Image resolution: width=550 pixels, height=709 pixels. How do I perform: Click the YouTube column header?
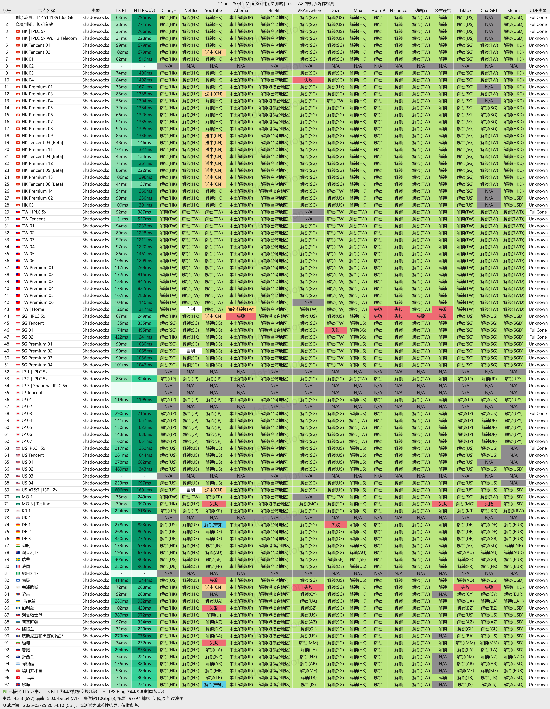(x=213, y=10)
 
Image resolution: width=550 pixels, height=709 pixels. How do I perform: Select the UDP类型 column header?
(x=538, y=10)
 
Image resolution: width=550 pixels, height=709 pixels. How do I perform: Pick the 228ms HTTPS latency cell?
(x=144, y=38)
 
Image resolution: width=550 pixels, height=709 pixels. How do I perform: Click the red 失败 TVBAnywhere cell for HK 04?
(x=308, y=80)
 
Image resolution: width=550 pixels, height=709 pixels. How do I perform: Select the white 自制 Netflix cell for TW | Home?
(x=191, y=309)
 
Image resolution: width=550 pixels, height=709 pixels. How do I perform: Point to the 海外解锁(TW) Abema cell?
(x=241, y=309)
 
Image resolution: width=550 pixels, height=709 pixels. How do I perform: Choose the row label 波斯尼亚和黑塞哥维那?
(x=43, y=636)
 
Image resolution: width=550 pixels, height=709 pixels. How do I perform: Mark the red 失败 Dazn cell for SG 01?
(x=336, y=330)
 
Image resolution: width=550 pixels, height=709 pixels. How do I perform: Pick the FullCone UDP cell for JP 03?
(x=538, y=414)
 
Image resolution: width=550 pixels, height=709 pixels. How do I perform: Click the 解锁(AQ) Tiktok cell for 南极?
(x=465, y=580)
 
